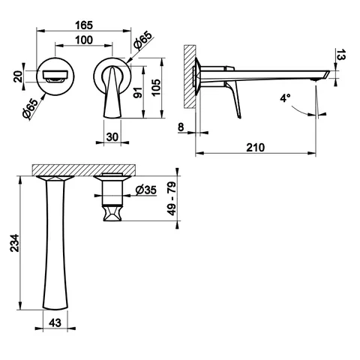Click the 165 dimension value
[x=84, y=25]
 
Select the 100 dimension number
[x=84, y=40]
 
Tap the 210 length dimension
[x=255, y=148]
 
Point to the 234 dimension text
[x=14, y=243]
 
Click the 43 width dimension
[x=55, y=322]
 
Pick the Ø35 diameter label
[x=146, y=190]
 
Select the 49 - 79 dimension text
[x=172, y=199]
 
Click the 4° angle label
[x=285, y=98]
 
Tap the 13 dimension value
[x=340, y=55]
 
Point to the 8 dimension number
[x=181, y=127]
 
